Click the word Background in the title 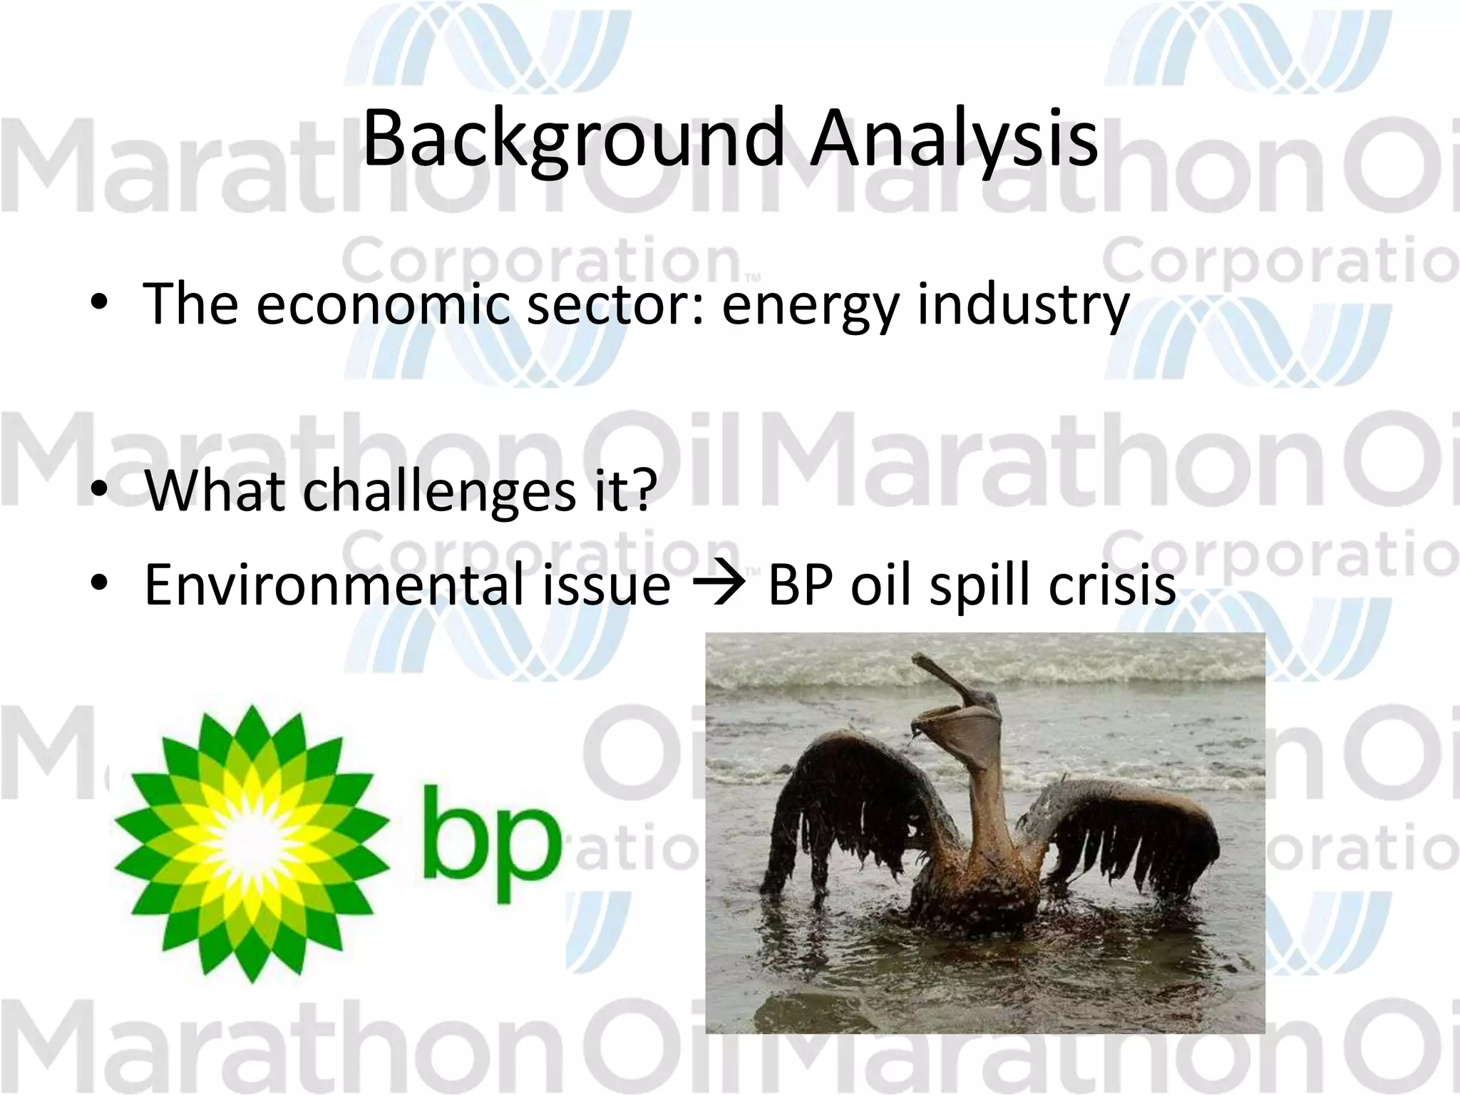pos(574,139)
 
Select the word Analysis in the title pos(954,139)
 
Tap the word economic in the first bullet pos(383,304)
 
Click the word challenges pos(439,491)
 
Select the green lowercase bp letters pos(488,841)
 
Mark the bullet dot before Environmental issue pos(100,584)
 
